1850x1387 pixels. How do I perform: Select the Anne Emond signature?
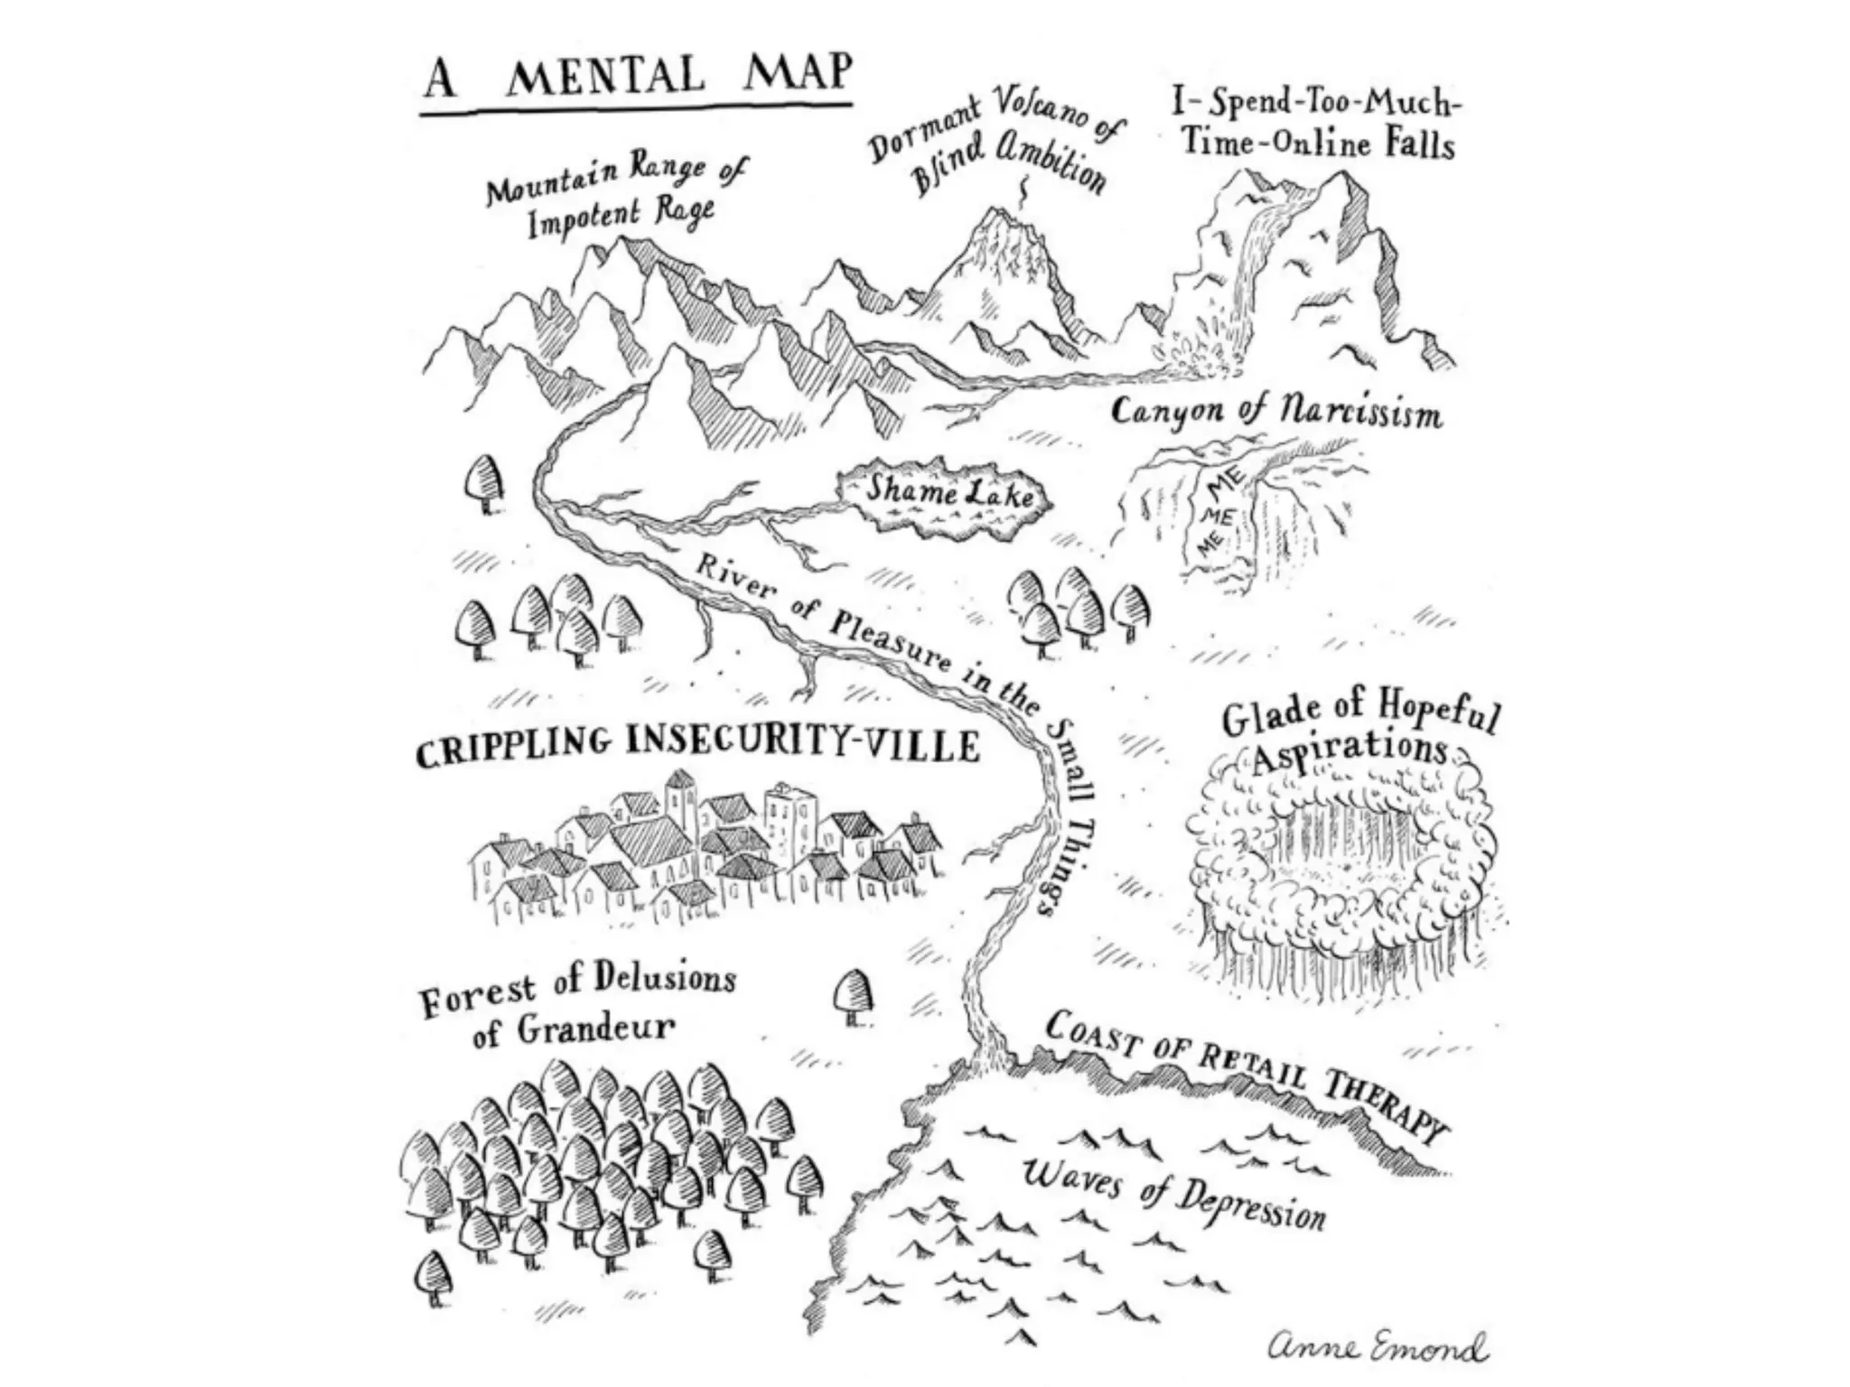pyautogui.click(x=1377, y=1349)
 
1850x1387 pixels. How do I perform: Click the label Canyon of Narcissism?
pyautogui.click(x=1275, y=413)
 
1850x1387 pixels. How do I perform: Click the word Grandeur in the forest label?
pyautogui.click(x=595, y=1028)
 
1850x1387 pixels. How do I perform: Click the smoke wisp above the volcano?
pyautogui.click(x=1023, y=191)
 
